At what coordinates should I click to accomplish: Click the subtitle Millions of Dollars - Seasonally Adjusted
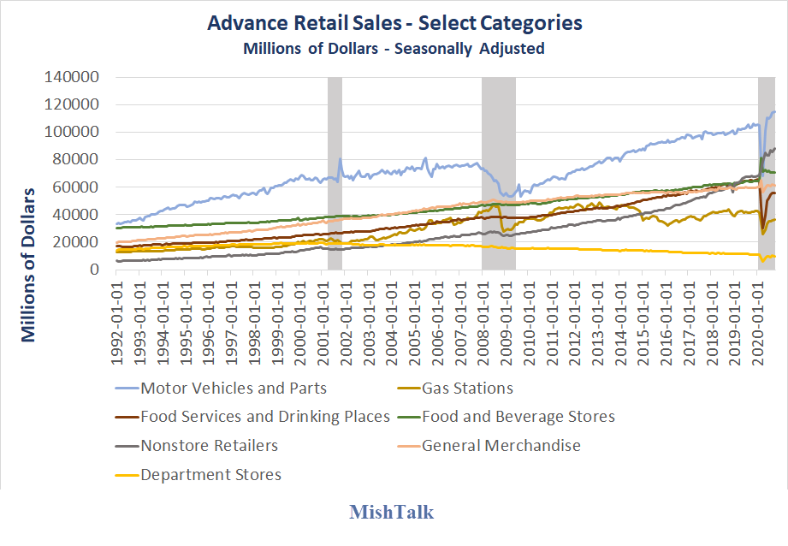point(394,48)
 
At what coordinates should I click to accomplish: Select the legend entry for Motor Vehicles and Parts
point(234,389)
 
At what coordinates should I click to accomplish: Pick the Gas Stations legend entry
point(467,389)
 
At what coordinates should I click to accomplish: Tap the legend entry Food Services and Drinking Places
point(265,417)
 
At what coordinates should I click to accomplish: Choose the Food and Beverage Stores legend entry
point(518,417)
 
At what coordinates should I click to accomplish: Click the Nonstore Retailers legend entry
point(209,445)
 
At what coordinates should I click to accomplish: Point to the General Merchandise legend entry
point(501,445)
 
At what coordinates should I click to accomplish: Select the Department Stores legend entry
point(210,474)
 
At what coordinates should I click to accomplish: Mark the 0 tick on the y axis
point(97,270)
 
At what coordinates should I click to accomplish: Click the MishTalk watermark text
point(391,513)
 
